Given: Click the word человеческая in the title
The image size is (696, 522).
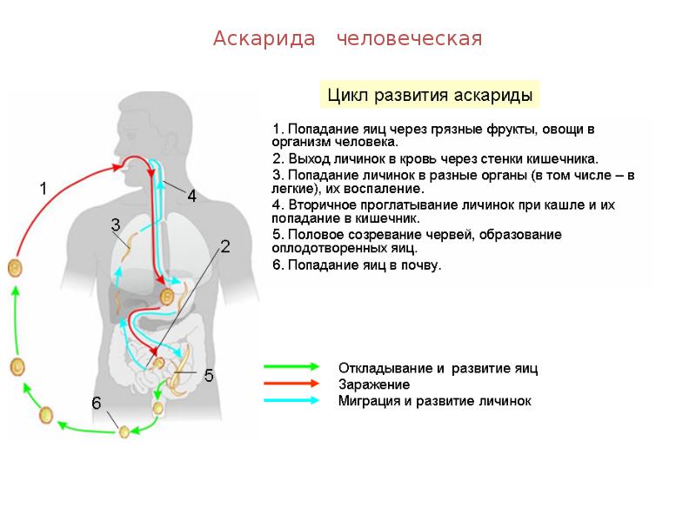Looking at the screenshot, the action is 409,39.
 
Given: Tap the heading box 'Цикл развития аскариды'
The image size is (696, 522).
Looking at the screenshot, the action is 429,94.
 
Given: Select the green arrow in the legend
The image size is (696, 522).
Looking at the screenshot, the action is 291,368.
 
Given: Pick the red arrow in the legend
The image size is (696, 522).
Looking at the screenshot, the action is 291,384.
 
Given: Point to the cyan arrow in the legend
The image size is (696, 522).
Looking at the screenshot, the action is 291,400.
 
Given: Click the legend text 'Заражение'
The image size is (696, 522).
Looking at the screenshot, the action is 374,385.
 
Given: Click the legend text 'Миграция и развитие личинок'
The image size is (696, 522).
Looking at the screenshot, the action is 434,401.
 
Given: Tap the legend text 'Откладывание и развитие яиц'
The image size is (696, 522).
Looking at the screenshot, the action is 438,368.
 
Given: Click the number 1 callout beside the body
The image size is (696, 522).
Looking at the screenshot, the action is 43,187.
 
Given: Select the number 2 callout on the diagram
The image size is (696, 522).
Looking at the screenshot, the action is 224,246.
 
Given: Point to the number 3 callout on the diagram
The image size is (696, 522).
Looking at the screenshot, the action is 115,224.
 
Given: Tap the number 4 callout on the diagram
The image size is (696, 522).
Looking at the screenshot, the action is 192,197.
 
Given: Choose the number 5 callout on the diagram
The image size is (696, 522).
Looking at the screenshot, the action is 209,376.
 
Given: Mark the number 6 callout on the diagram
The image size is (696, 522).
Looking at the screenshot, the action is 97,403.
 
